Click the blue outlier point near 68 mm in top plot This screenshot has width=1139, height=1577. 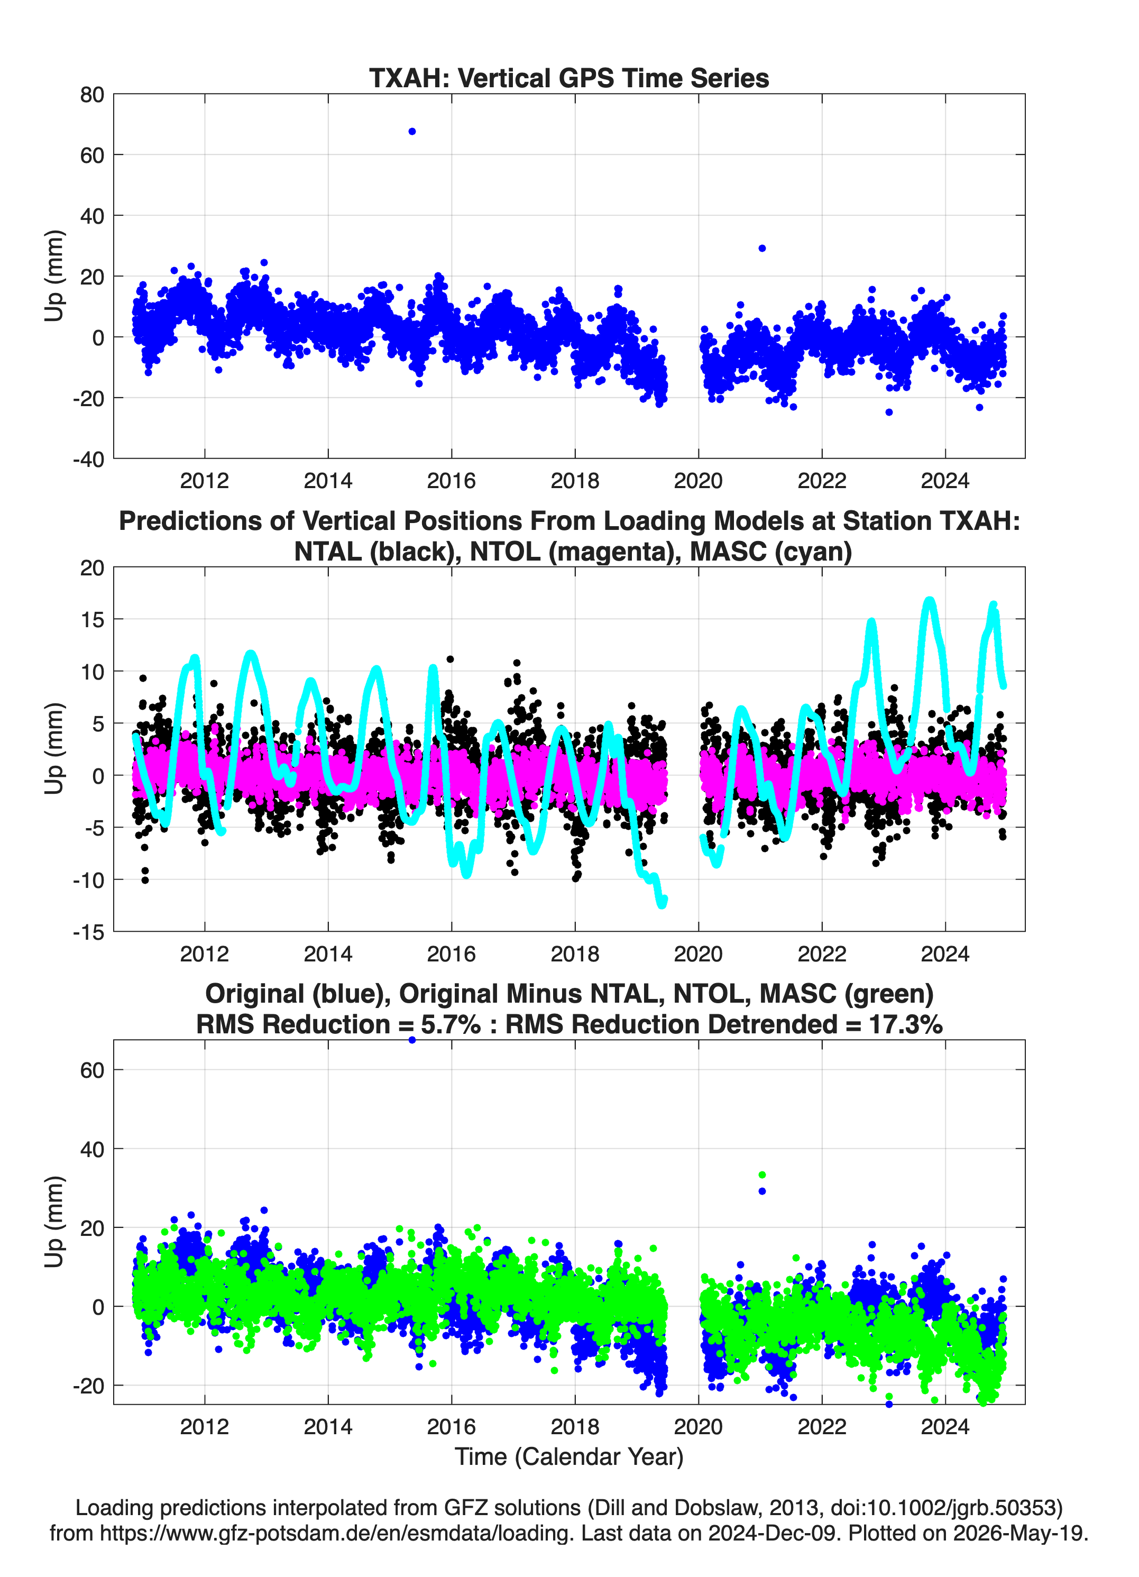coord(411,131)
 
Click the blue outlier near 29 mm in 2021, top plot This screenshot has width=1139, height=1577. coord(762,248)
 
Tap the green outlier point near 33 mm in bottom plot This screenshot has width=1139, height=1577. coord(762,1175)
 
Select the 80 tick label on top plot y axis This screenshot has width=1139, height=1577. coord(92,95)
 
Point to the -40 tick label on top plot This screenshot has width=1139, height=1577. coord(88,459)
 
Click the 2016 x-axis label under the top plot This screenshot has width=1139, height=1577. coord(451,481)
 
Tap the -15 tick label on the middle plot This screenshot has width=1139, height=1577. coord(88,932)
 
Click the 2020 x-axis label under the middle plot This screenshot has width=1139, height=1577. coord(698,953)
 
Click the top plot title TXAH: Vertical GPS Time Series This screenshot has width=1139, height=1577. coord(569,78)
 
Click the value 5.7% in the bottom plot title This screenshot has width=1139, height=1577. coord(451,1024)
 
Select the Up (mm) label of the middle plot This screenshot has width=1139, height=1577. coord(54,749)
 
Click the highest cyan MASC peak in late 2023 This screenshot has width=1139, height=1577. coord(929,599)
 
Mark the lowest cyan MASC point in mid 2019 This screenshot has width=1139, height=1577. coord(662,904)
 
